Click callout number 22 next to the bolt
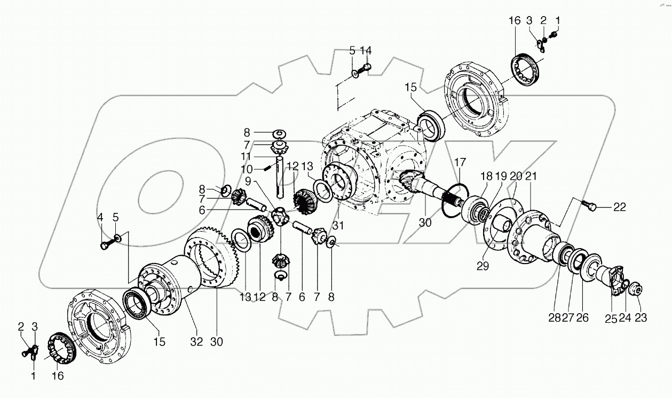pyautogui.click(x=619, y=207)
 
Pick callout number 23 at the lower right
pyautogui.click(x=641, y=319)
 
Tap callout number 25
pyautogui.click(x=611, y=319)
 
